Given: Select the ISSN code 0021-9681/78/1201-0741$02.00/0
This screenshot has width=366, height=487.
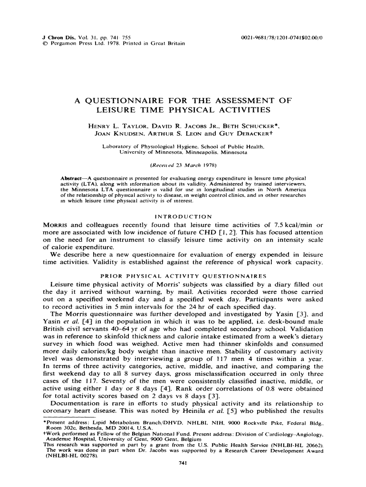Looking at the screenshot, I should click(282, 37).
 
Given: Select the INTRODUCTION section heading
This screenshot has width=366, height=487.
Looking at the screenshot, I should click(183, 216).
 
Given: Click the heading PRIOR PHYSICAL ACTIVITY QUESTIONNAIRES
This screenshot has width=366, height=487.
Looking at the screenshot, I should click(183, 276).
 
